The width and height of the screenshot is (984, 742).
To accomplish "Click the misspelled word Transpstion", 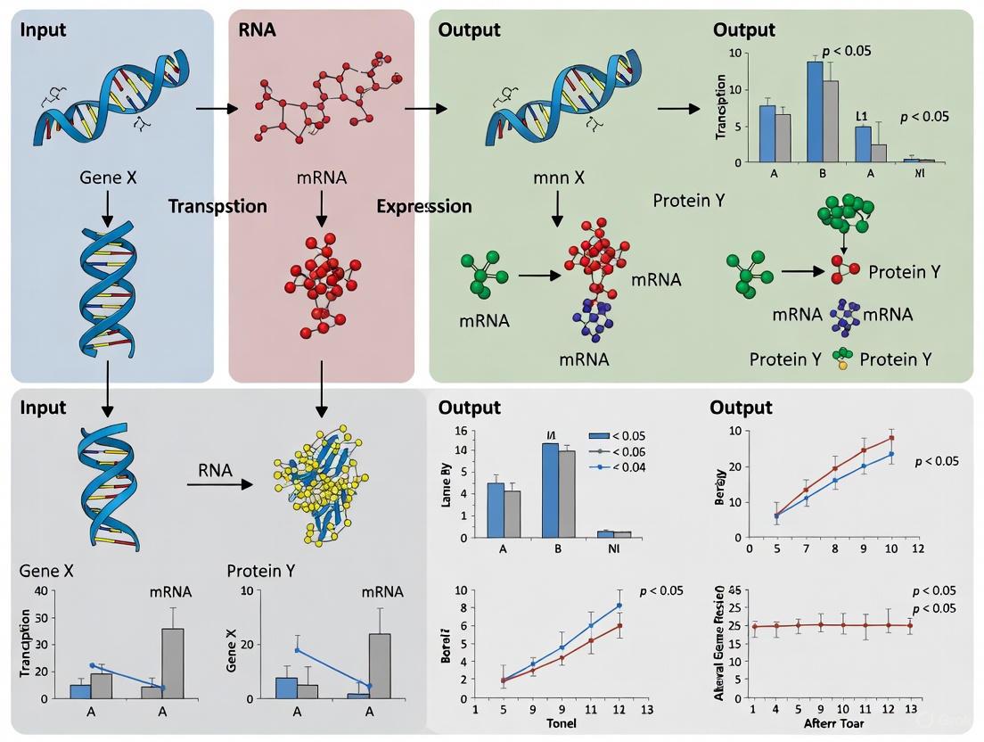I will pyautogui.click(x=217, y=207).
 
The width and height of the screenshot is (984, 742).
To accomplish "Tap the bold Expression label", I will pyautogui.click(x=423, y=207).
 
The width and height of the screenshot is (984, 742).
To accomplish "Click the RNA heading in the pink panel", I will pyautogui.click(x=257, y=30).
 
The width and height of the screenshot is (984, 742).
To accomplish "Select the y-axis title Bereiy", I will pyautogui.click(x=719, y=487).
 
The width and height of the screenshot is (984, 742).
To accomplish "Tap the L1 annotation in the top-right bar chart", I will pyautogui.click(x=861, y=116).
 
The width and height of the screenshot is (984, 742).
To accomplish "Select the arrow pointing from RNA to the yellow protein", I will pyautogui.click(x=219, y=484).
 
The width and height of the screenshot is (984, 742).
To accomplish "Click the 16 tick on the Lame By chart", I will pyautogui.click(x=461, y=432).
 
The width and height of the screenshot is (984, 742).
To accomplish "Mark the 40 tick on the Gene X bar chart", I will pyautogui.click(x=40, y=591).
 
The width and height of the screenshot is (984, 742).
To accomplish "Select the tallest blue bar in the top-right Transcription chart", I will pyautogui.click(x=814, y=111).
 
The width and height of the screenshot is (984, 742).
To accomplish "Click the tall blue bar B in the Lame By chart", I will pyautogui.click(x=550, y=491).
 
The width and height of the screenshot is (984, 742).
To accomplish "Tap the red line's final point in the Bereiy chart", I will pyautogui.click(x=891, y=438).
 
